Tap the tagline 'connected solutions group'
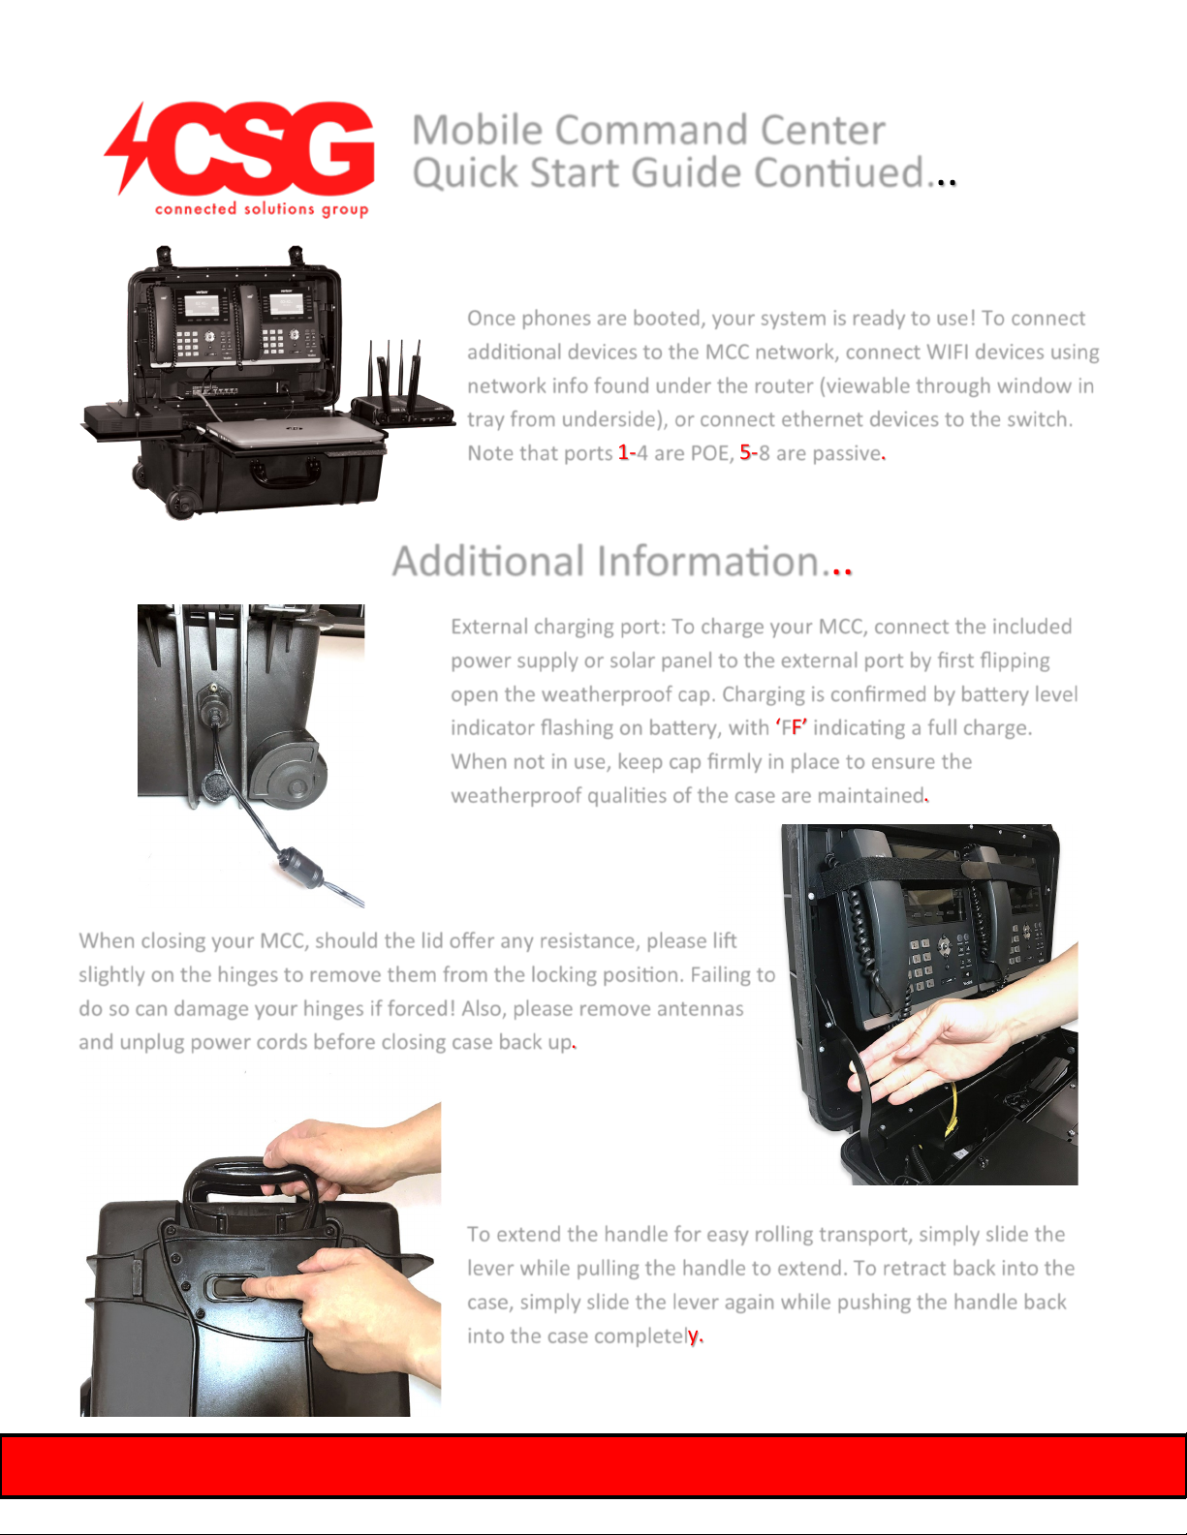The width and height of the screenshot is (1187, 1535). [x=262, y=209]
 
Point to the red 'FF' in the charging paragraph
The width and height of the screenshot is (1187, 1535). [x=792, y=727]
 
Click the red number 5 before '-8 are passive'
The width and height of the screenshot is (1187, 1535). [x=745, y=452]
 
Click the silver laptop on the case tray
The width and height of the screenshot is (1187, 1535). [x=296, y=429]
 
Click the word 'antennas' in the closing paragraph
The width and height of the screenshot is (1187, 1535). [x=700, y=1008]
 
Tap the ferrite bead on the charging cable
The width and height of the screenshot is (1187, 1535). [x=300, y=866]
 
